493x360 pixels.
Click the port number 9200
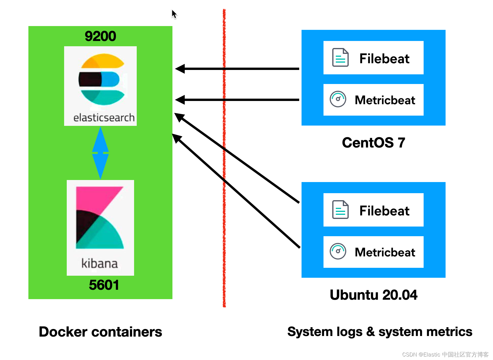100,36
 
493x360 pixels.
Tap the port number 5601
104,285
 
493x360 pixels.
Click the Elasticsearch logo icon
101,79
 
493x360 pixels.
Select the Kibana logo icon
100,218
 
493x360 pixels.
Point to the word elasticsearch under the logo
104,118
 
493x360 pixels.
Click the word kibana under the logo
100,263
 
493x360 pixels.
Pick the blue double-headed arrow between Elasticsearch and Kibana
100,153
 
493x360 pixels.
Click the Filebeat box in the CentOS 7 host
373,58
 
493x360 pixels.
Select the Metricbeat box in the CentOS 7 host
373,100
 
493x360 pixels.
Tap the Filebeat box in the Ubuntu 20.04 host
373,210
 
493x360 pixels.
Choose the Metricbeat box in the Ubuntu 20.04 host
373,252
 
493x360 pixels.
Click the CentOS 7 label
373,143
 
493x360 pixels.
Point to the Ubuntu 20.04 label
373,295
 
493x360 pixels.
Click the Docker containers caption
100,332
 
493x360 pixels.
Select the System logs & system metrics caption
380,332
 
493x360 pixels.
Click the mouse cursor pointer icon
174,14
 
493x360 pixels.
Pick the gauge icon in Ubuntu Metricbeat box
338,251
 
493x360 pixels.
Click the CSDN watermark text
445,354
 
